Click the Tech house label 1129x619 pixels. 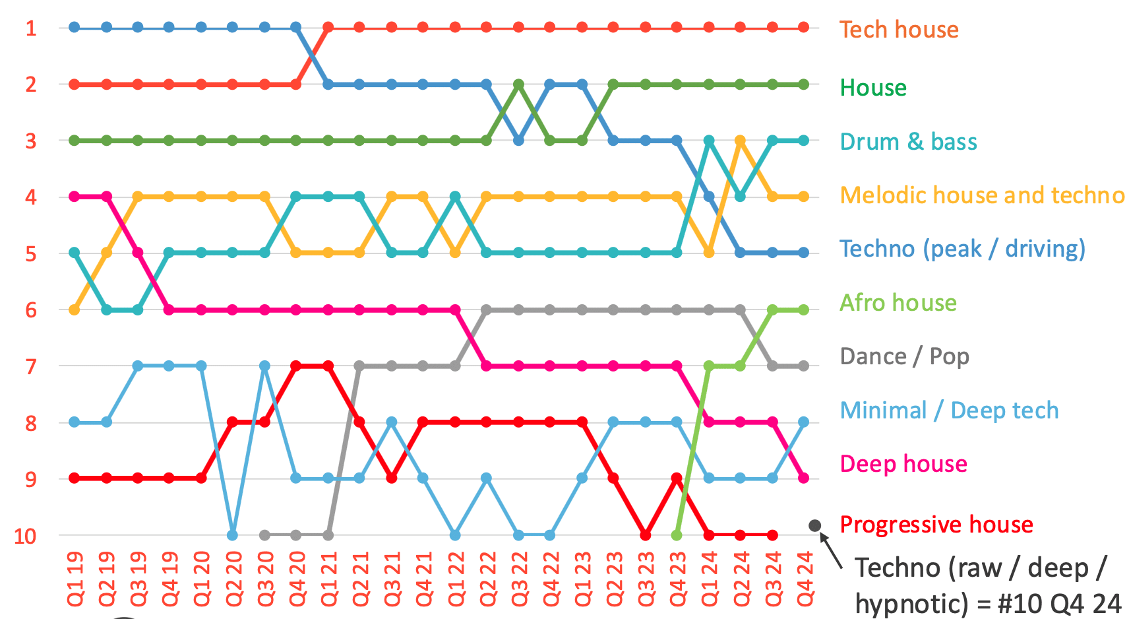point(899,30)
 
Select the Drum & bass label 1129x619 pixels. point(908,142)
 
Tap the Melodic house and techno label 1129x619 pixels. point(982,195)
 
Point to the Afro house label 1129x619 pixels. point(898,303)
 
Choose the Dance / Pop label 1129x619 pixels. point(904,356)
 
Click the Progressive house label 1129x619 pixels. point(936,525)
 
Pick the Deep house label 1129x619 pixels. point(903,464)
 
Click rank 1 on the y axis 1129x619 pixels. point(31,28)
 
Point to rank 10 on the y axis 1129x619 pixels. point(25,537)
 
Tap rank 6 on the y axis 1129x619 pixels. point(31,310)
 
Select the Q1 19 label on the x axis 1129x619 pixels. point(75,579)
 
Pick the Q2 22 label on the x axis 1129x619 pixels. point(487,579)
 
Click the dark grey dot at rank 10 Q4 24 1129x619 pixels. point(815,525)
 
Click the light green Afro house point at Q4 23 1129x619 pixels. point(677,535)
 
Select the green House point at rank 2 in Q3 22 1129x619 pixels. point(519,84)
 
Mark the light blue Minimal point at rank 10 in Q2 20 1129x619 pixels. point(232,535)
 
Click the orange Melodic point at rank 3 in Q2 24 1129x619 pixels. point(740,141)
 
